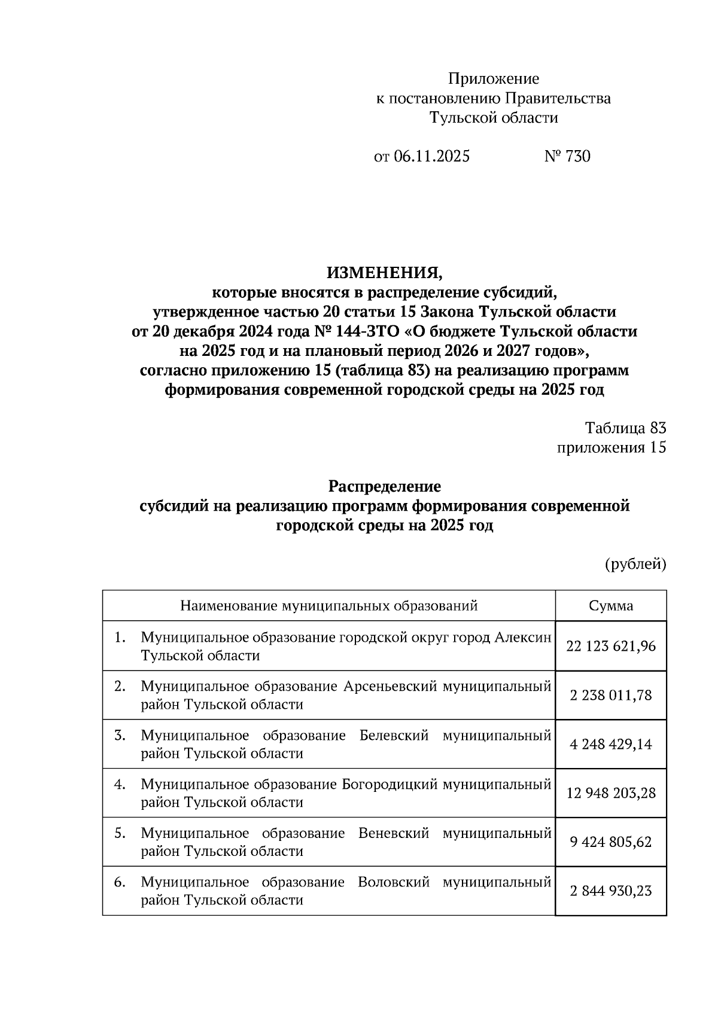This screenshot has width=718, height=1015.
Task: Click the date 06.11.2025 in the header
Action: [x=432, y=157]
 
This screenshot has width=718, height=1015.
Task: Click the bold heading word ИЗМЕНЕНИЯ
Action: [x=385, y=273]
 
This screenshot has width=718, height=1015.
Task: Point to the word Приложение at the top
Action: [x=494, y=79]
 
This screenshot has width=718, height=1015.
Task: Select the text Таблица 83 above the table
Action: [x=625, y=428]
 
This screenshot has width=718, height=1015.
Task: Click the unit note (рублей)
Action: [x=635, y=563]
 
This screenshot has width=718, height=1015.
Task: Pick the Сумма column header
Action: [x=611, y=606]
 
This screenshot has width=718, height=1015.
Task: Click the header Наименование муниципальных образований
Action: [x=329, y=606]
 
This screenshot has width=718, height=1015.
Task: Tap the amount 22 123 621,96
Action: [x=611, y=646]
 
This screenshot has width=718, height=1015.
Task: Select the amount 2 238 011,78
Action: [x=611, y=695]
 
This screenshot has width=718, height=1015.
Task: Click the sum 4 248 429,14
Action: [x=611, y=744]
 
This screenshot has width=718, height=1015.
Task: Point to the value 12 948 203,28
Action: [x=611, y=793]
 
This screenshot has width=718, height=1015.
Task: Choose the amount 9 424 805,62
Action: [x=611, y=842]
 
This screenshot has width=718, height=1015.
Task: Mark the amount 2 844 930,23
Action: [x=611, y=891]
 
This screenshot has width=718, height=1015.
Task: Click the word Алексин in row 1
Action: [x=522, y=638]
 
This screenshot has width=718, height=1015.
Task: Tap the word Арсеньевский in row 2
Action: [x=390, y=687]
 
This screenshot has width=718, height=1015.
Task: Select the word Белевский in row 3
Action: [x=394, y=736]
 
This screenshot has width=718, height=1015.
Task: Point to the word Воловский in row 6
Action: [x=393, y=882]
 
